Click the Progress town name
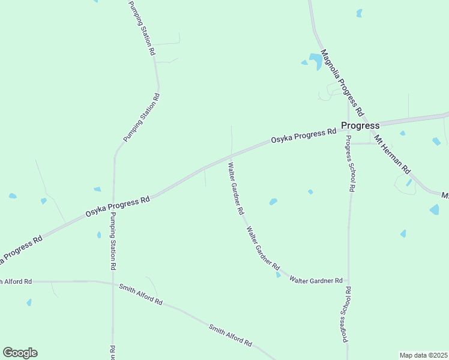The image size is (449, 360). coord(360,125)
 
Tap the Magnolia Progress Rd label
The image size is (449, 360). coord(342,83)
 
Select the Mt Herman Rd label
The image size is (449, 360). coord(391,154)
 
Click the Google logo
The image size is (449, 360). coord(20,353)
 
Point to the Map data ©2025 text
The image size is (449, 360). coord(424,355)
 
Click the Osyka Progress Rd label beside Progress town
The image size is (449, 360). coord(303,136)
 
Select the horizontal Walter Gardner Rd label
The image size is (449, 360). coord(316,280)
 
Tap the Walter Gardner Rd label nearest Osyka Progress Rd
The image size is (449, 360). coord(235,188)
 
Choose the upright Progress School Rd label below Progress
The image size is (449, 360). coord(349,163)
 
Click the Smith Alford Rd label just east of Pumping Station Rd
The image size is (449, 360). coord(140,295)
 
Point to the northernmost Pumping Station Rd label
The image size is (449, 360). coord(142,28)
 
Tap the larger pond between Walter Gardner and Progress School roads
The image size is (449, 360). coord(273,202)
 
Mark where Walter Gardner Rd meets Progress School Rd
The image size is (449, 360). coord(348,281)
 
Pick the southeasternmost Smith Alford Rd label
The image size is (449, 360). coord(231,335)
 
